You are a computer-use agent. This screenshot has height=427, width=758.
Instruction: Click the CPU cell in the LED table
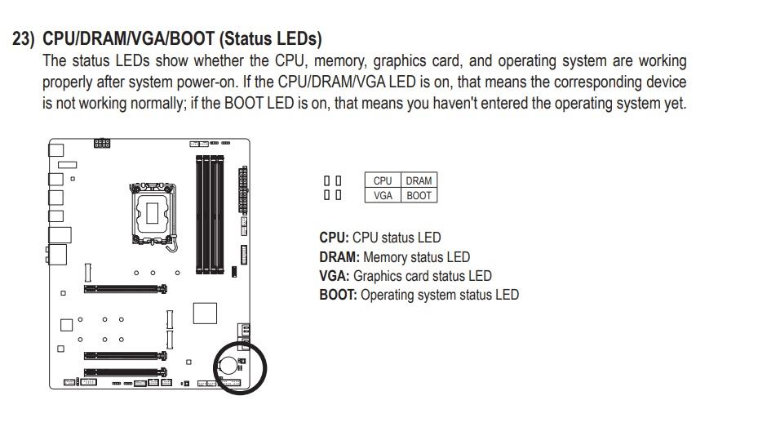tap(383, 180)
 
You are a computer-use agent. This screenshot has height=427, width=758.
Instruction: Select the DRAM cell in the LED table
tap(419, 180)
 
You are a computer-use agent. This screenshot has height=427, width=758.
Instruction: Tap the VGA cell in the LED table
tap(383, 195)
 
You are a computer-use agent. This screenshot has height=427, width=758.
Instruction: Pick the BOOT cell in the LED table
tap(419, 195)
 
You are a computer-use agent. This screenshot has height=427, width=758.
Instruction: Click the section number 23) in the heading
tap(24, 39)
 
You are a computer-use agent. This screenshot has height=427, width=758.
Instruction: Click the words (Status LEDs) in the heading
tap(271, 39)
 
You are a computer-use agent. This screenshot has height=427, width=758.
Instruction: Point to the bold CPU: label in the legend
tap(334, 238)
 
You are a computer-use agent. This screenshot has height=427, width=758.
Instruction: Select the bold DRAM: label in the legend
tap(339, 257)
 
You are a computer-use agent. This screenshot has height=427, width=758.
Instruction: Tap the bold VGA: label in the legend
tap(334, 276)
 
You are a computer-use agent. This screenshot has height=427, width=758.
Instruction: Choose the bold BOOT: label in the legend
tap(338, 295)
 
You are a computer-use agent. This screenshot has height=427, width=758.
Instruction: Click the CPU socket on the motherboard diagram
tap(153, 213)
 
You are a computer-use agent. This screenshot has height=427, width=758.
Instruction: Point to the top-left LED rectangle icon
tap(327, 180)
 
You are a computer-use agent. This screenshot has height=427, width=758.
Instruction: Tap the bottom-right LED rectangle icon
tap(339, 195)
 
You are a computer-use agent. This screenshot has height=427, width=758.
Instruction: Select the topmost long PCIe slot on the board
tap(125, 289)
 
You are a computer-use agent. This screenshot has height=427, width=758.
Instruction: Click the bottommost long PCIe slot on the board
tap(125, 373)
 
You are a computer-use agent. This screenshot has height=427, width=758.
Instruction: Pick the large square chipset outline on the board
tap(205, 314)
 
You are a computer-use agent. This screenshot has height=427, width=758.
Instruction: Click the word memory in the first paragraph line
tap(341, 61)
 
